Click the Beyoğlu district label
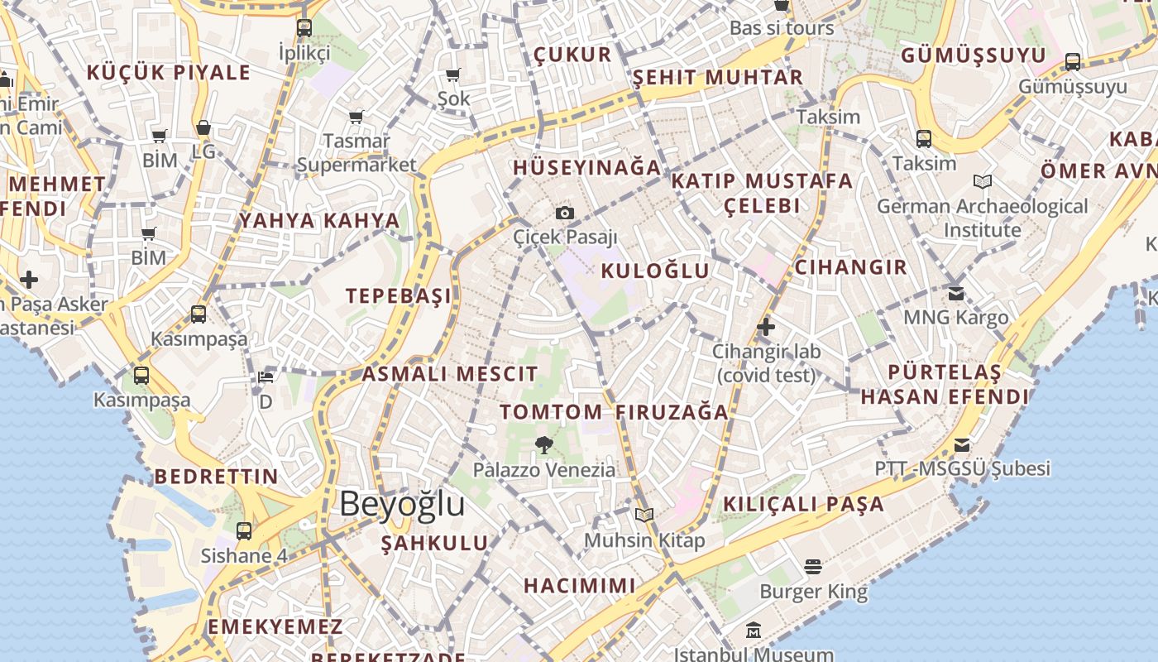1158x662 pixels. [402, 503]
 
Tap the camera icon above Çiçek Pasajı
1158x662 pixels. [565, 213]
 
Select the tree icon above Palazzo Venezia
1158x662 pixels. [543, 445]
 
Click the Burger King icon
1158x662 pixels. [813, 567]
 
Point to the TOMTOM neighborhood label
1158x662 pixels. [551, 411]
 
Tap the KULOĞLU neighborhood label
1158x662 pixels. [655, 271]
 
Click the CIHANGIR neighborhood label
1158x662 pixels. [850, 267]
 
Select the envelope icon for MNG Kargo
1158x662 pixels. [956, 293]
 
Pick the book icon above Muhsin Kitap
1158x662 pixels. [644, 515]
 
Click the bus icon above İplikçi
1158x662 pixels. [304, 27]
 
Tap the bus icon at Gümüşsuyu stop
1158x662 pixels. [1073, 61]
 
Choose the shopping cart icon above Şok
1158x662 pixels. [452, 75]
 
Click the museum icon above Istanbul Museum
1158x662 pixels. [753, 631]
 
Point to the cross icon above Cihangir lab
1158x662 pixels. [766, 327]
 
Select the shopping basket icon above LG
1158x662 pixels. [203, 128]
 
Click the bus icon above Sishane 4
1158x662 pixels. [244, 530]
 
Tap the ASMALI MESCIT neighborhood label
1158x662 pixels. [450, 373]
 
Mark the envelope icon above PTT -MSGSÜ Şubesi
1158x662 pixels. [962, 445]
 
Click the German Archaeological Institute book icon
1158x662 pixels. [983, 181]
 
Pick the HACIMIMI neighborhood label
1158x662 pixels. [580, 586]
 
